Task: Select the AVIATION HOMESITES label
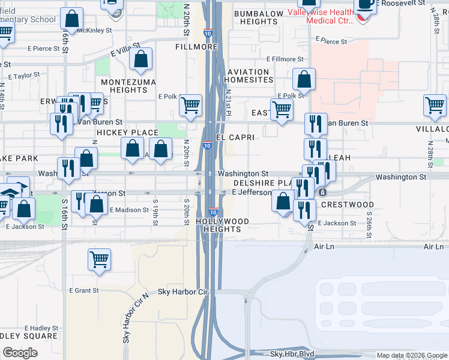pos(250,76)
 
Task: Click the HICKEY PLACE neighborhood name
pos(127,133)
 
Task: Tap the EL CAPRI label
pos(235,137)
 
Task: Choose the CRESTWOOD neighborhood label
pos(348,205)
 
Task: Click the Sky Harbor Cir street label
pos(182,292)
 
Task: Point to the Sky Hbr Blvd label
pos(292,355)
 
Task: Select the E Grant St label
pos(83,290)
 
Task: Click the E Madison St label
pos(128,210)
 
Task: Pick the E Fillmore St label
pos(283,59)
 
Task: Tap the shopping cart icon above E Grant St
pos(100,259)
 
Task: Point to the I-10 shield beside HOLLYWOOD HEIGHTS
pos(213,212)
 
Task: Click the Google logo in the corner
pos(20,353)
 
